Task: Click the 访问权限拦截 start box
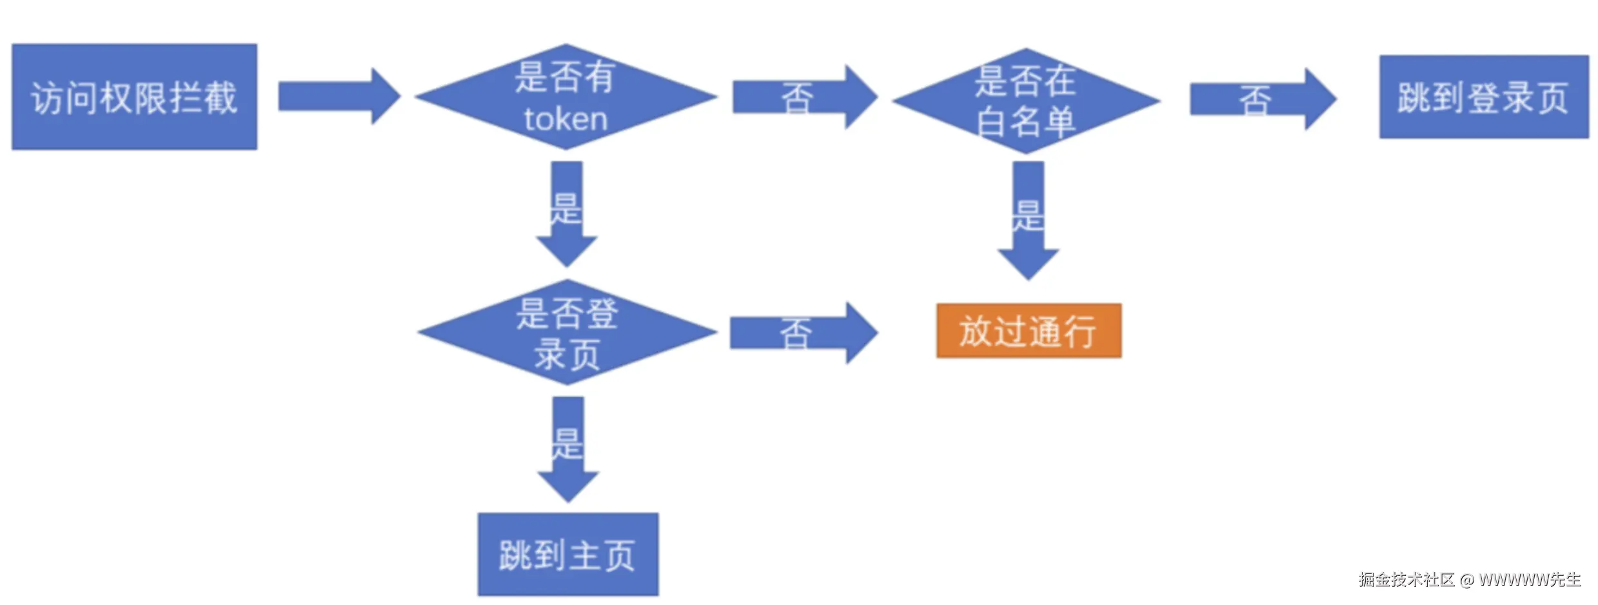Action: point(134,97)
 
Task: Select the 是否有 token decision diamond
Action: point(566,97)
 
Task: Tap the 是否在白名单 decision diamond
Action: point(1025,101)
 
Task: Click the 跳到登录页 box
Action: point(1483,97)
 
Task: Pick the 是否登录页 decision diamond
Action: point(567,332)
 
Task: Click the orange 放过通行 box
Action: point(1029,331)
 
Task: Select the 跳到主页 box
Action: point(567,554)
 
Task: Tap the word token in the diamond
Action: point(566,119)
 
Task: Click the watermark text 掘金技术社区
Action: point(1406,579)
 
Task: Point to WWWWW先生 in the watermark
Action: point(1529,579)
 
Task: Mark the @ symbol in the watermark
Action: point(1466,580)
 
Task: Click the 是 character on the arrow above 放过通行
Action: point(1027,215)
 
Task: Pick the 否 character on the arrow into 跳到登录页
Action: point(1255,101)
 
